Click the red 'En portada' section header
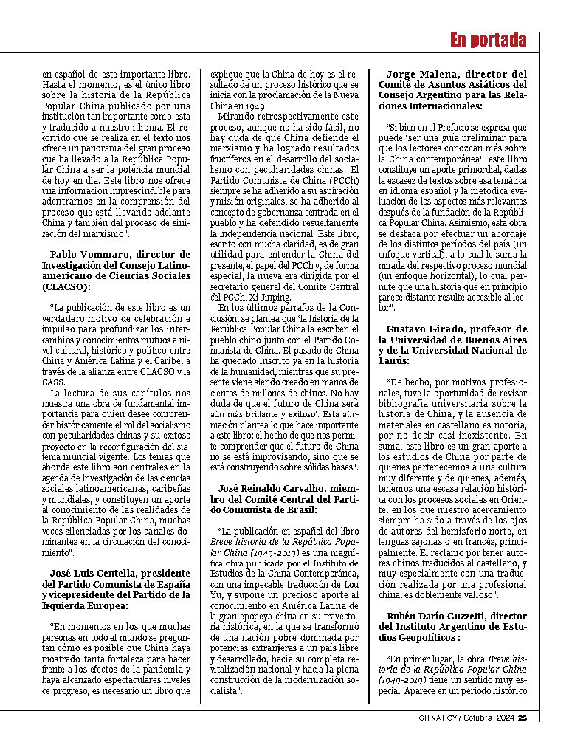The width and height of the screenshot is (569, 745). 488,40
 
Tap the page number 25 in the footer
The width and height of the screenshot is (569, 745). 522,717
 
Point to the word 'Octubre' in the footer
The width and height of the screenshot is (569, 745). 479,717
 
